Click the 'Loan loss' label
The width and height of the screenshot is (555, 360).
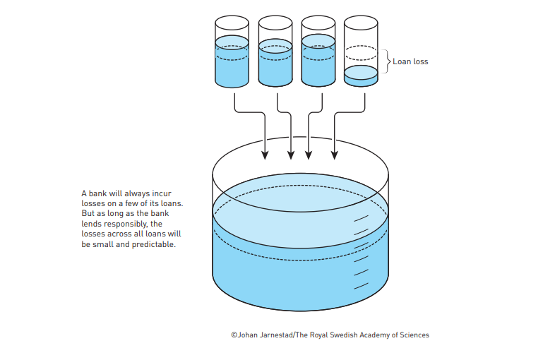410,61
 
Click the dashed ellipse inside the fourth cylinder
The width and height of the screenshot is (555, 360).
361,52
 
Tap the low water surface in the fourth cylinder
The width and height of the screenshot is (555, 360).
361,72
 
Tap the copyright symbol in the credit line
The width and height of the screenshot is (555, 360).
234,335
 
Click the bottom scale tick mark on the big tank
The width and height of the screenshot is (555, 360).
361,286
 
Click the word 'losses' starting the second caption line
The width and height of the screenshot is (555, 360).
93,203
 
